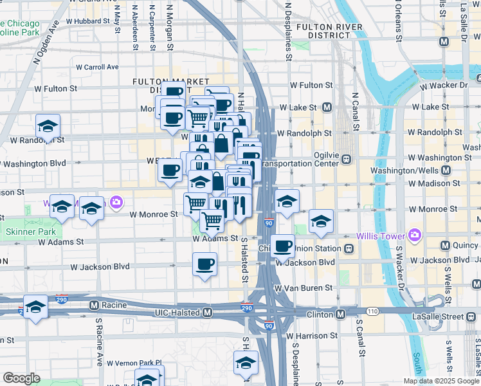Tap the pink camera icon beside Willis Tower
click(x=414, y=236)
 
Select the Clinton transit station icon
click(x=340, y=314)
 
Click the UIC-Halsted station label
click(x=177, y=313)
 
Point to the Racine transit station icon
click(x=94, y=305)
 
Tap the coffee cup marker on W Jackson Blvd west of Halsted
click(x=204, y=264)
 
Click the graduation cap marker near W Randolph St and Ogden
click(x=48, y=126)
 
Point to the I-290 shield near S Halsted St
click(x=247, y=308)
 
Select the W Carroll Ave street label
click(x=97, y=67)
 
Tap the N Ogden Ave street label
click(x=48, y=41)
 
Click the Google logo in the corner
click(x=21, y=378)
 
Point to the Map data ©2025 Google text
click(x=441, y=381)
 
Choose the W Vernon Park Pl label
click(x=134, y=363)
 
